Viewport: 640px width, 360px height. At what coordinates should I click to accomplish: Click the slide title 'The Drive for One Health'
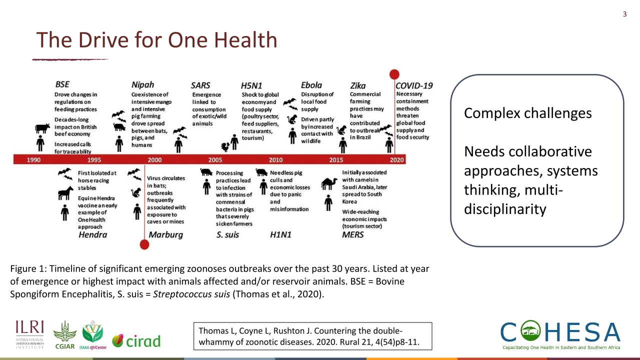(x=156, y=40)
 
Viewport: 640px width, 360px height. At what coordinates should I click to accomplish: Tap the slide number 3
(x=624, y=14)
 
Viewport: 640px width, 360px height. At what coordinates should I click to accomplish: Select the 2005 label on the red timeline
(x=215, y=159)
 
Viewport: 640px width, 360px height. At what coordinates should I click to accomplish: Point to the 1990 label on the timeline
(x=34, y=159)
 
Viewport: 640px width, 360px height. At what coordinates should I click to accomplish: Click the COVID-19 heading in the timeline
(x=414, y=85)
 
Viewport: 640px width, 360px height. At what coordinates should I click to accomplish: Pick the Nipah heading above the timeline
(x=142, y=84)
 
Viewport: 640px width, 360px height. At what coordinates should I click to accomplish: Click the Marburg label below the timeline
(x=166, y=234)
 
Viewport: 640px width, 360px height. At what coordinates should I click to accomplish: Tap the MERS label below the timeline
(x=352, y=234)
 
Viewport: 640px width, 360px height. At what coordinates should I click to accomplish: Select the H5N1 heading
(x=252, y=85)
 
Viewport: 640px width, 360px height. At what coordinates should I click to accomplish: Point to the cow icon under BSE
(x=42, y=128)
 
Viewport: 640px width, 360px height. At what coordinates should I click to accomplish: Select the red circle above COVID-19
(x=394, y=74)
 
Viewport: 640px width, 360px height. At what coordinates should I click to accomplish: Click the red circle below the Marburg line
(x=144, y=244)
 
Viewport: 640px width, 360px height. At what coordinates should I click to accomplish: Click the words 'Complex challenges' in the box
(x=527, y=113)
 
